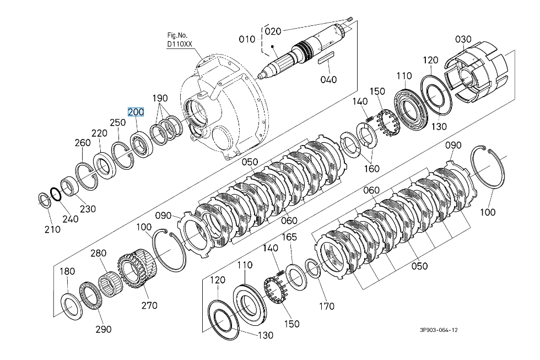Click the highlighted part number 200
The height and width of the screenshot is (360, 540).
click(136, 112)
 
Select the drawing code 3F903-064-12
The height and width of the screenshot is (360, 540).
click(439, 330)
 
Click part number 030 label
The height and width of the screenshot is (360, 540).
click(463, 39)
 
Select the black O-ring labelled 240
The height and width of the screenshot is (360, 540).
click(56, 194)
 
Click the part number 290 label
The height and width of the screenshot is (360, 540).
click(104, 329)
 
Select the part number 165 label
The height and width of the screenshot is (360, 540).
click(290, 237)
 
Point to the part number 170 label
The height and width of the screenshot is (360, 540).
click(326, 306)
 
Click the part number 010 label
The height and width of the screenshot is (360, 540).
click(247, 39)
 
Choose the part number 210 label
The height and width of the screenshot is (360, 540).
click(52, 229)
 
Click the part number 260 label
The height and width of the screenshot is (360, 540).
click(83, 143)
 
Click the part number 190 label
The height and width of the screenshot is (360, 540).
click(160, 98)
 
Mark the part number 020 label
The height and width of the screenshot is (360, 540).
click(273, 31)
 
